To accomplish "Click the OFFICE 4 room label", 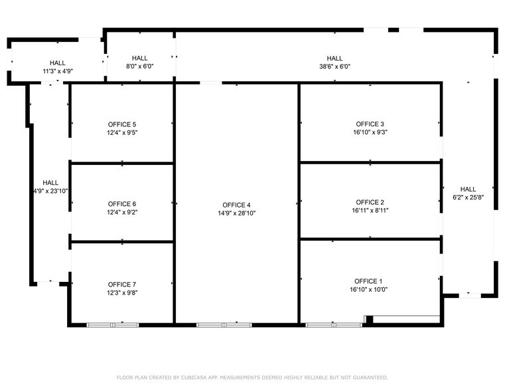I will pyautogui.click(x=236, y=205).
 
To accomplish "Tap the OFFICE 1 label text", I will pyautogui.click(x=370, y=281).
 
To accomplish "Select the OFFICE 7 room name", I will pyautogui.click(x=122, y=284).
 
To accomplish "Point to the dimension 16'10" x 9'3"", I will pyautogui.click(x=370, y=132).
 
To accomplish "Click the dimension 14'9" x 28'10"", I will pyautogui.click(x=236, y=213).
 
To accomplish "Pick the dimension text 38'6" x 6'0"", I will pyautogui.click(x=334, y=66).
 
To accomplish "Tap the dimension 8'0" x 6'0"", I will pyautogui.click(x=139, y=66).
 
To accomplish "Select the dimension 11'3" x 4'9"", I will pyautogui.click(x=58, y=71).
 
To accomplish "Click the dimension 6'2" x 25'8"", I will pyautogui.click(x=468, y=197).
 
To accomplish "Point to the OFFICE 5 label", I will pyautogui.click(x=122, y=124).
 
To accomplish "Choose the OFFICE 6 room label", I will pyautogui.click(x=122, y=204).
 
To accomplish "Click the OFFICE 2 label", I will pyautogui.click(x=370, y=202).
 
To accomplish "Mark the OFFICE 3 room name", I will pyautogui.click(x=370, y=124).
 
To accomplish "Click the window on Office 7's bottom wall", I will pyautogui.click(x=112, y=325).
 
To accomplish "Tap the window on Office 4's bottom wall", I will pyautogui.click(x=224, y=325).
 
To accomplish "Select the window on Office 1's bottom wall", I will pyautogui.click(x=333, y=325).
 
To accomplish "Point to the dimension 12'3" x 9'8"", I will pyautogui.click(x=122, y=293).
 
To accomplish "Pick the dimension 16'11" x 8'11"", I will pyautogui.click(x=370, y=211).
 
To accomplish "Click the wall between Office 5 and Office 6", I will pyautogui.click(x=122, y=162).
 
